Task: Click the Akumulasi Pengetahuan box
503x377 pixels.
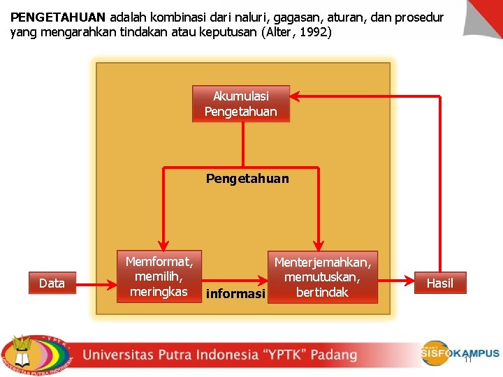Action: tap(240, 104)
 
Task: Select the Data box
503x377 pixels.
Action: tap(52, 283)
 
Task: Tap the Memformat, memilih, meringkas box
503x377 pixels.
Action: tap(159, 276)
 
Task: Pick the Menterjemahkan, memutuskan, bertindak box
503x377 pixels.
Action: tap(322, 277)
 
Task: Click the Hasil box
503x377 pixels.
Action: tap(439, 283)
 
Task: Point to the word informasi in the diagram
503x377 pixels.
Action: tap(235, 294)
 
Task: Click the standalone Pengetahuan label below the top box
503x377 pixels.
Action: tap(247, 179)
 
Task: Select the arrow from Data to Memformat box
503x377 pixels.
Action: tap(96, 283)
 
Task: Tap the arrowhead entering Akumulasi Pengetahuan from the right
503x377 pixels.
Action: tap(296, 96)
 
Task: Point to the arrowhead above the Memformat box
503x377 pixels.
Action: tap(162, 244)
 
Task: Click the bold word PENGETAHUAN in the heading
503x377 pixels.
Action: tap(58, 17)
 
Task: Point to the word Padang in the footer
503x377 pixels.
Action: tap(334, 355)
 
